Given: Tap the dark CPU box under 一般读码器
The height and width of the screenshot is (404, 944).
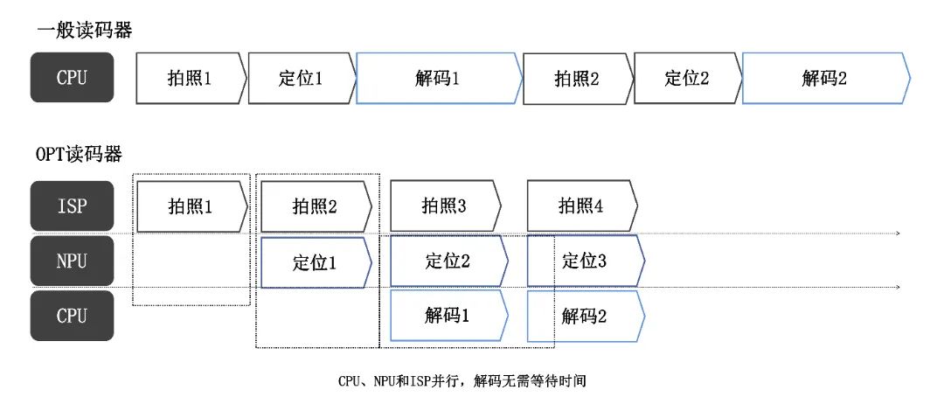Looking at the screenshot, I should (72, 78).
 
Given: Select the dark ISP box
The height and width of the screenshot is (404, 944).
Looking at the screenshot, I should (72, 206).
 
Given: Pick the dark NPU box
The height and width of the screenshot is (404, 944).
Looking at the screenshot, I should (72, 261).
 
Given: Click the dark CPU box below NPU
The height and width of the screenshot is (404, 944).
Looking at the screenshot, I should (72, 316).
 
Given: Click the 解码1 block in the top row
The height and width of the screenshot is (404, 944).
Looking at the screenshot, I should (437, 78).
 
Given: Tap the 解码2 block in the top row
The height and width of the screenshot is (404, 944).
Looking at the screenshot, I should (825, 78).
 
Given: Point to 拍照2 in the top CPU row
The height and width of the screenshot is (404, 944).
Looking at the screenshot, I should (577, 78).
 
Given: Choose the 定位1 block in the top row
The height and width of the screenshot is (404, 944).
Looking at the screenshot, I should (301, 78).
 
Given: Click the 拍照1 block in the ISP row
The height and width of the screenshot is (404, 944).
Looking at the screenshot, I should (191, 206).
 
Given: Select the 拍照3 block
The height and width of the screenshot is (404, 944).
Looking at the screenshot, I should (444, 206).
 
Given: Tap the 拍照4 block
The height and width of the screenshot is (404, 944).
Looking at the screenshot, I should (581, 206).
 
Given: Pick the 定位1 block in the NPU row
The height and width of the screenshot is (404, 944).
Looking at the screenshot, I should (315, 261).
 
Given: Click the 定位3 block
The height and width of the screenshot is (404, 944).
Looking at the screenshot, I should (584, 261).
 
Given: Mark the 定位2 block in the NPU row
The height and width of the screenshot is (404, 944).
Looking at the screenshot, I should (448, 261).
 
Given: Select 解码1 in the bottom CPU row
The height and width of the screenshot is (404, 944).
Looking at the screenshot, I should (448, 316).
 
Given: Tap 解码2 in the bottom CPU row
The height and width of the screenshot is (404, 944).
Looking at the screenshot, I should (584, 316).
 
